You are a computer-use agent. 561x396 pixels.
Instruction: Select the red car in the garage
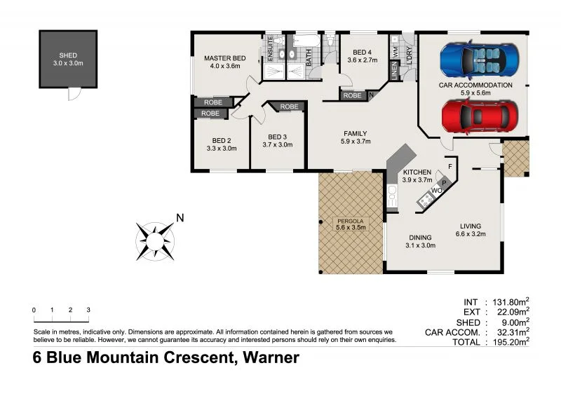point(481,116)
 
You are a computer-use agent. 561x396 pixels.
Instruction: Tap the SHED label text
point(68,55)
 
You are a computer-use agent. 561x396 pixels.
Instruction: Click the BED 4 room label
point(365,53)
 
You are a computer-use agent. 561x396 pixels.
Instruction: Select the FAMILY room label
point(355,133)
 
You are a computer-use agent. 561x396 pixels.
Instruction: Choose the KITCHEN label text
point(417,172)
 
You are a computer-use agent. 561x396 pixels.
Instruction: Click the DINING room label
point(420,238)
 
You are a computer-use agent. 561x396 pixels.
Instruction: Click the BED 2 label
point(221,140)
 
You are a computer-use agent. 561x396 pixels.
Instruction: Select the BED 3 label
point(277,137)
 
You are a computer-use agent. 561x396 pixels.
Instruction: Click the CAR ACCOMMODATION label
point(475,86)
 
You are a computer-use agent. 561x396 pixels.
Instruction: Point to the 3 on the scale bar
point(88,309)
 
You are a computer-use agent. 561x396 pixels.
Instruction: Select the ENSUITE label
point(270,48)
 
